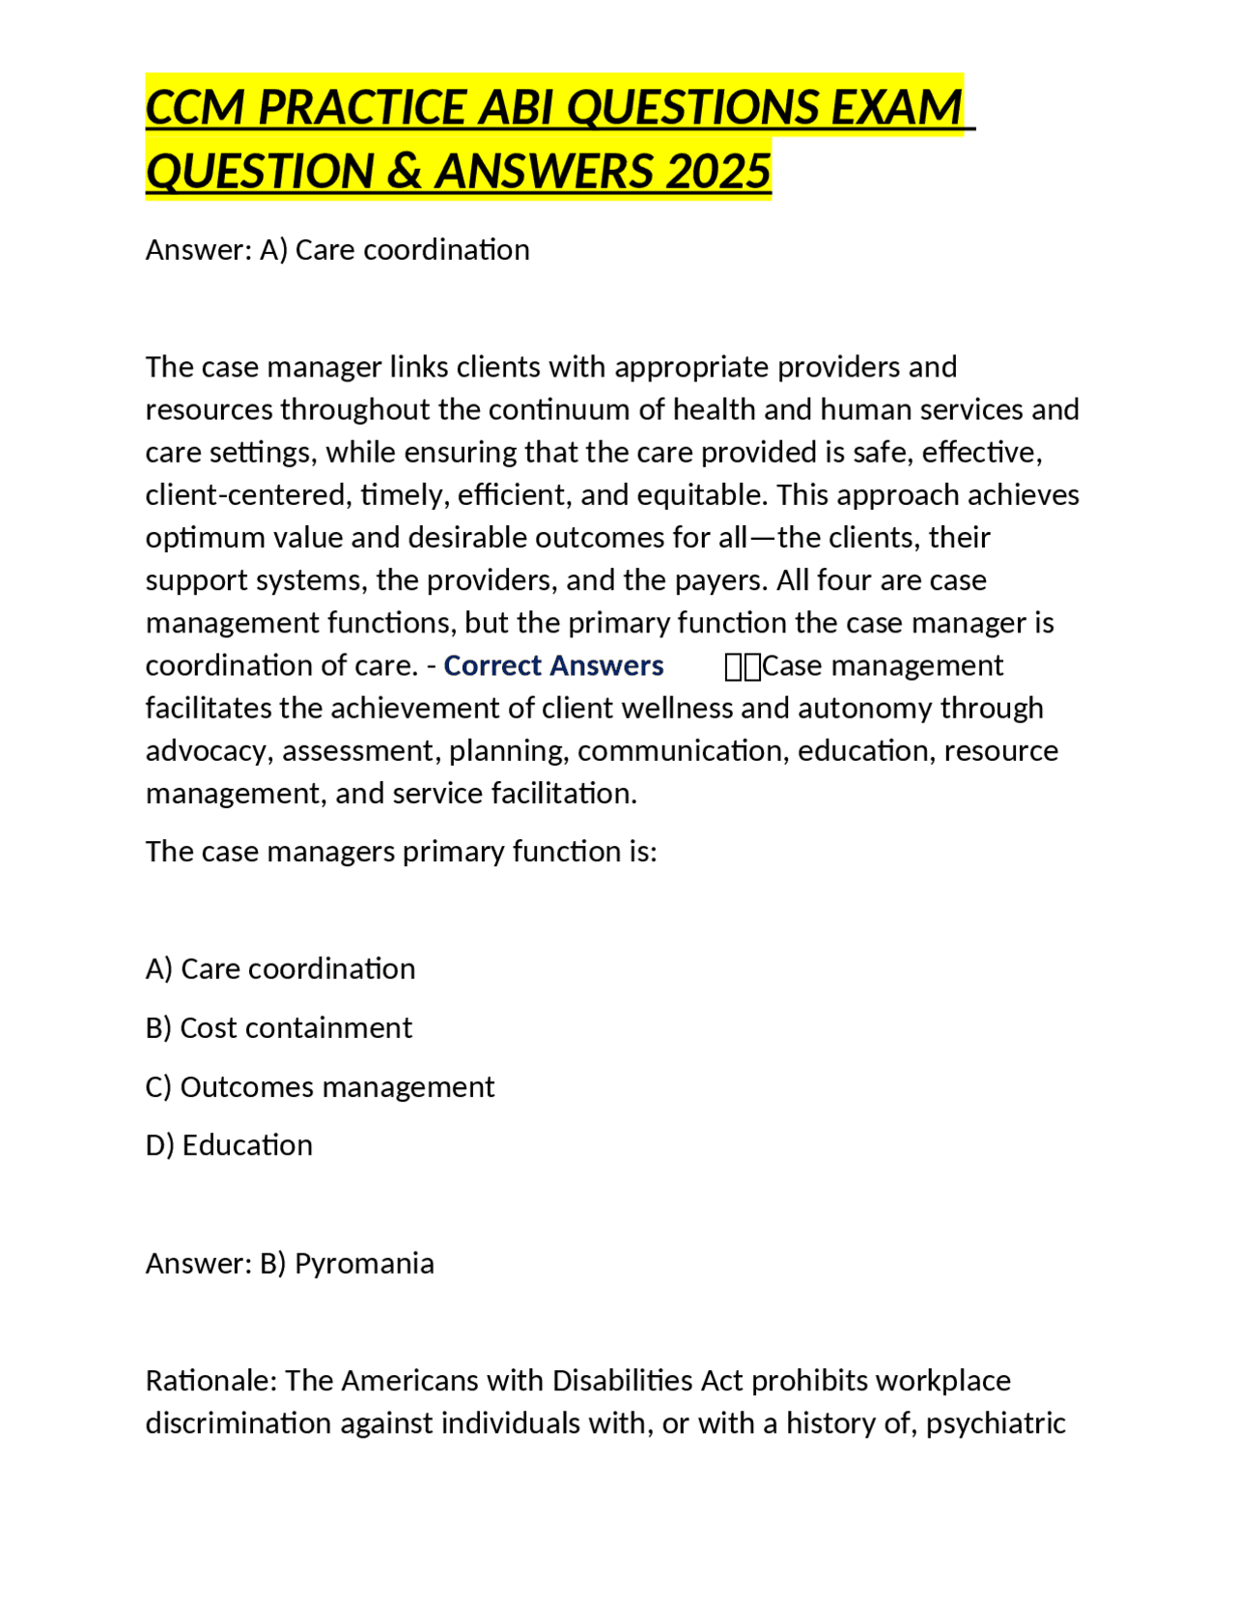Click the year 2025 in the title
pyautogui.click(x=717, y=171)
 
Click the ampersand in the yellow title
pyautogui.click(x=405, y=171)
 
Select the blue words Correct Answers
pyautogui.click(x=553, y=665)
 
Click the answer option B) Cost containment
pyautogui.click(x=278, y=1027)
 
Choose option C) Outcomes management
pyautogui.click(x=320, y=1086)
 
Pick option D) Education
pyautogui.click(x=229, y=1145)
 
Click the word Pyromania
pyautogui.click(x=364, y=1263)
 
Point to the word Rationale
pyautogui.click(x=210, y=1380)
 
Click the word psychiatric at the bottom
pyautogui.click(x=995, y=1422)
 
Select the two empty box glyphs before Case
pyautogui.click(x=743, y=666)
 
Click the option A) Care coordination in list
pyautogui.click(x=280, y=968)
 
